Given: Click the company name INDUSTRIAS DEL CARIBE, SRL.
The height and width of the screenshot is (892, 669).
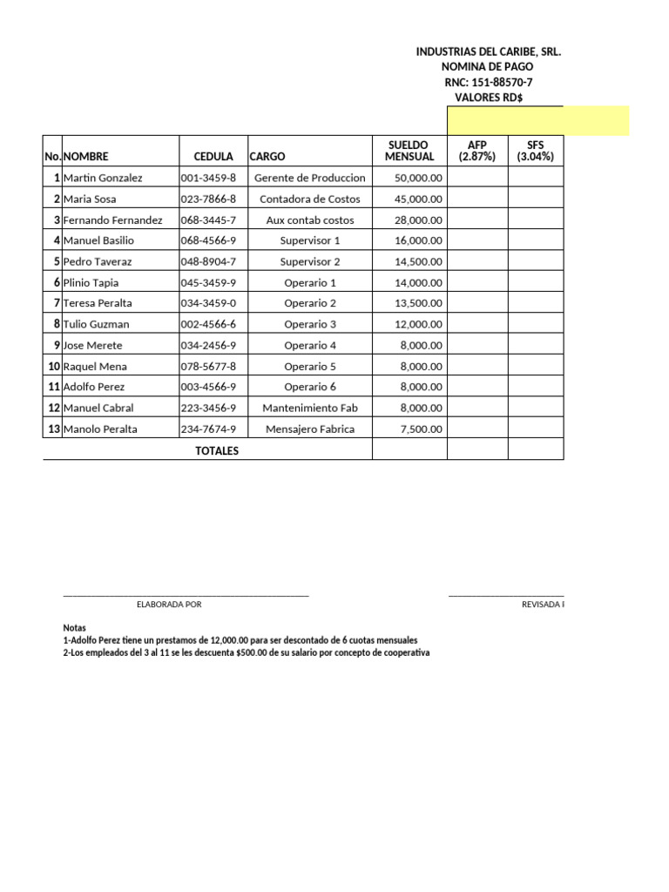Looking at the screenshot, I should [488, 52].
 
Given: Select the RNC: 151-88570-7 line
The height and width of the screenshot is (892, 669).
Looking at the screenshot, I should [488, 82].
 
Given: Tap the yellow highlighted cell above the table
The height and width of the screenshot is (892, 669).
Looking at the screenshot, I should [537, 120].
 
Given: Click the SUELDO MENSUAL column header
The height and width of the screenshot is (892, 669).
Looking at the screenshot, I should [409, 151].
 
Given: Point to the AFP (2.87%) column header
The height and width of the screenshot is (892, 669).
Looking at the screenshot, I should [476, 151].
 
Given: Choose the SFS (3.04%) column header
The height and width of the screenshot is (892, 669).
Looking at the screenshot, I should [535, 151].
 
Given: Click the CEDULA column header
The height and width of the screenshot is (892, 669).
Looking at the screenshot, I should [213, 157].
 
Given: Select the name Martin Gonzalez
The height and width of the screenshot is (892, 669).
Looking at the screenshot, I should [103, 178].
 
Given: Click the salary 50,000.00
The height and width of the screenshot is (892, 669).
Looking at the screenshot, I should [418, 178].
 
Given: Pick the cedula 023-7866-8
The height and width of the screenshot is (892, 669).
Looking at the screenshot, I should [208, 199].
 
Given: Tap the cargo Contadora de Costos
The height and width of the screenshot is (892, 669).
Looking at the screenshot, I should [310, 199].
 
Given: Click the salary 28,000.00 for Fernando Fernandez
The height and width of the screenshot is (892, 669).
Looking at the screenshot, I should [418, 220].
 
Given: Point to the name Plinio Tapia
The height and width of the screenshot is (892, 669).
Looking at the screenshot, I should [91, 282].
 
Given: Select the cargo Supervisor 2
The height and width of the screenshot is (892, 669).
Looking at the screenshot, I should [310, 261].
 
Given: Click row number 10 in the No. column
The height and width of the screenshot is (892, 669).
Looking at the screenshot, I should [53, 366].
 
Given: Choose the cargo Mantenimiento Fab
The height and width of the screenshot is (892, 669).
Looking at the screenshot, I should [310, 408].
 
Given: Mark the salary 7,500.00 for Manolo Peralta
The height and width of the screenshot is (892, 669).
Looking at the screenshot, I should [421, 429].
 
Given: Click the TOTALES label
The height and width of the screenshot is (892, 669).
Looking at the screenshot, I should [217, 450].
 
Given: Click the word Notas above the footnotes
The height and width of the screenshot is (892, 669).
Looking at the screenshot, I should [76, 628].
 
